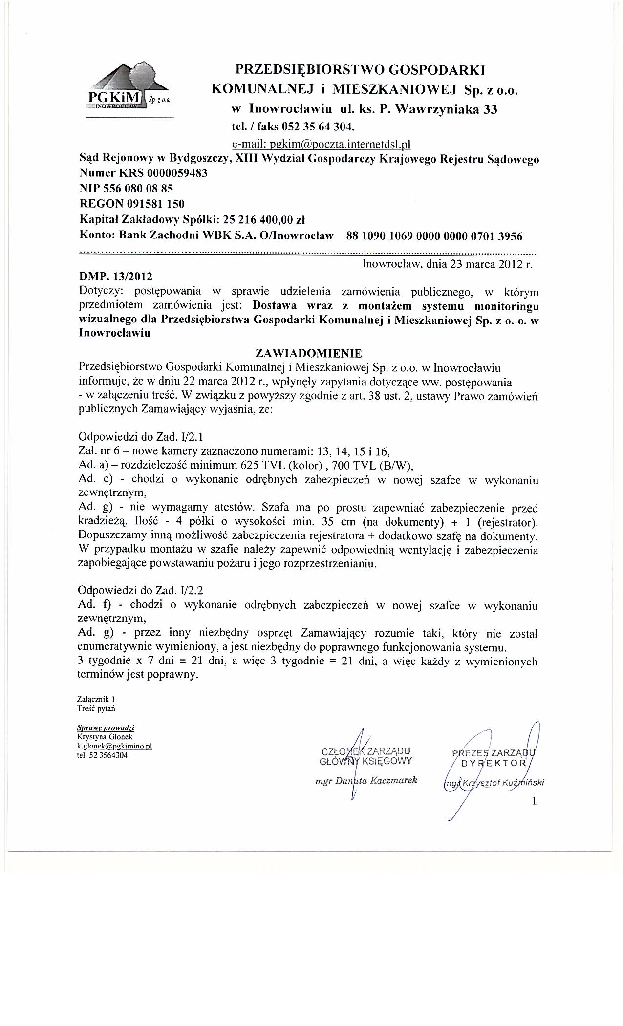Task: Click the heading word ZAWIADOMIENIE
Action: tap(308, 352)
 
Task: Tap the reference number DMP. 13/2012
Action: tap(112, 277)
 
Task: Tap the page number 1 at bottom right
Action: tap(534, 801)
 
